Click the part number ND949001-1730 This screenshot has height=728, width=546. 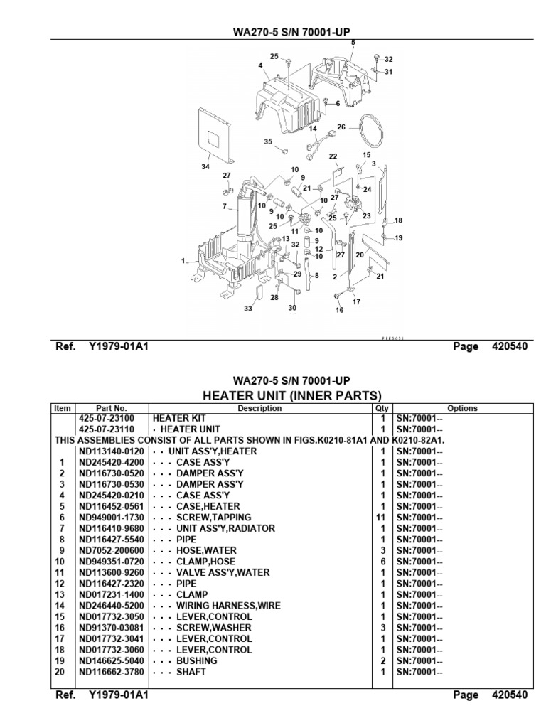tap(111, 518)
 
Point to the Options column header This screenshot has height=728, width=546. tap(462, 408)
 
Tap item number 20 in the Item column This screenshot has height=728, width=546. tap(63, 672)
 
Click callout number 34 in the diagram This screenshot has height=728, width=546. tap(205, 167)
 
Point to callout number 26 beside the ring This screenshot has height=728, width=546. tap(341, 127)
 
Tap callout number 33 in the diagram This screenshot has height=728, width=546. tap(248, 309)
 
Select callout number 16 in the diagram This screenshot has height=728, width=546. tap(339, 311)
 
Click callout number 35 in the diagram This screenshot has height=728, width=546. tap(268, 141)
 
